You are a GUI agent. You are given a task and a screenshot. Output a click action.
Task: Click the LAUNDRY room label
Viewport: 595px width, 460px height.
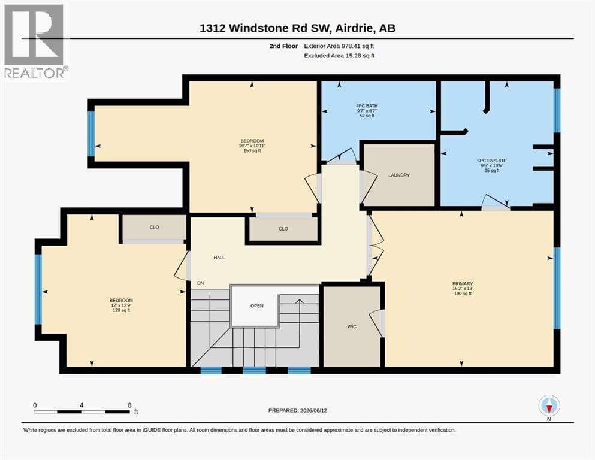(x=399, y=175)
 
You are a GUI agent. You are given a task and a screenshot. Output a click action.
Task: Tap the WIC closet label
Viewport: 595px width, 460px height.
(x=352, y=327)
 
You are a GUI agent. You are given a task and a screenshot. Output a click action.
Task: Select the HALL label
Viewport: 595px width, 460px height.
(x=219, y=258)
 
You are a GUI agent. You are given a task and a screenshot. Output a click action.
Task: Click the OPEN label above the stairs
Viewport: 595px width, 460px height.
(x=257, y=305)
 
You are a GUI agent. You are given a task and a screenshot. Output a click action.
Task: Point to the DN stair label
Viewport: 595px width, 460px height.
(x=200, y=283)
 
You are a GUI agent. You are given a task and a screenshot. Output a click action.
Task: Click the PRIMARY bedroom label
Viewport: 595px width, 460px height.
(x=463, y=284)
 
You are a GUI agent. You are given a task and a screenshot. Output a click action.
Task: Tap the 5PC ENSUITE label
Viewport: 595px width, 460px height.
(x=492, y=161)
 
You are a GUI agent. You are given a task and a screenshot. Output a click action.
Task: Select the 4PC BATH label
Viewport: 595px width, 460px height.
(x=367, y=106)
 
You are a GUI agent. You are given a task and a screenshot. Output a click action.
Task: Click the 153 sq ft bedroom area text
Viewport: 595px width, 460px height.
(x=252, y=150)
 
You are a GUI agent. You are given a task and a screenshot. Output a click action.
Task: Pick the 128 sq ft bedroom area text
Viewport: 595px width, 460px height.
(x=122, y=310)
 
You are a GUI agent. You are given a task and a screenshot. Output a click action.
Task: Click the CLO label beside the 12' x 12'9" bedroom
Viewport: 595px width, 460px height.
(x=155, y=227)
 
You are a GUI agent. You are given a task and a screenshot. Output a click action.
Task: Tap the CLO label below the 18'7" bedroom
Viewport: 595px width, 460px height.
(x=283, y=229)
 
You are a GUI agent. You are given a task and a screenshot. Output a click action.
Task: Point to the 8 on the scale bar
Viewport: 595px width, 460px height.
(x=130, y=405)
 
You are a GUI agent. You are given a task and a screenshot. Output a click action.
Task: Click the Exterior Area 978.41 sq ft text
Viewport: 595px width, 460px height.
(x=339, y=46)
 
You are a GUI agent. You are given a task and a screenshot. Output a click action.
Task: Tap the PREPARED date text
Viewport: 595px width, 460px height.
(x=297, y=410)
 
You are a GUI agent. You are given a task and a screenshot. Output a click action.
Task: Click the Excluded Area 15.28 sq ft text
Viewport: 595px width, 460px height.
(x=339, y=55)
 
